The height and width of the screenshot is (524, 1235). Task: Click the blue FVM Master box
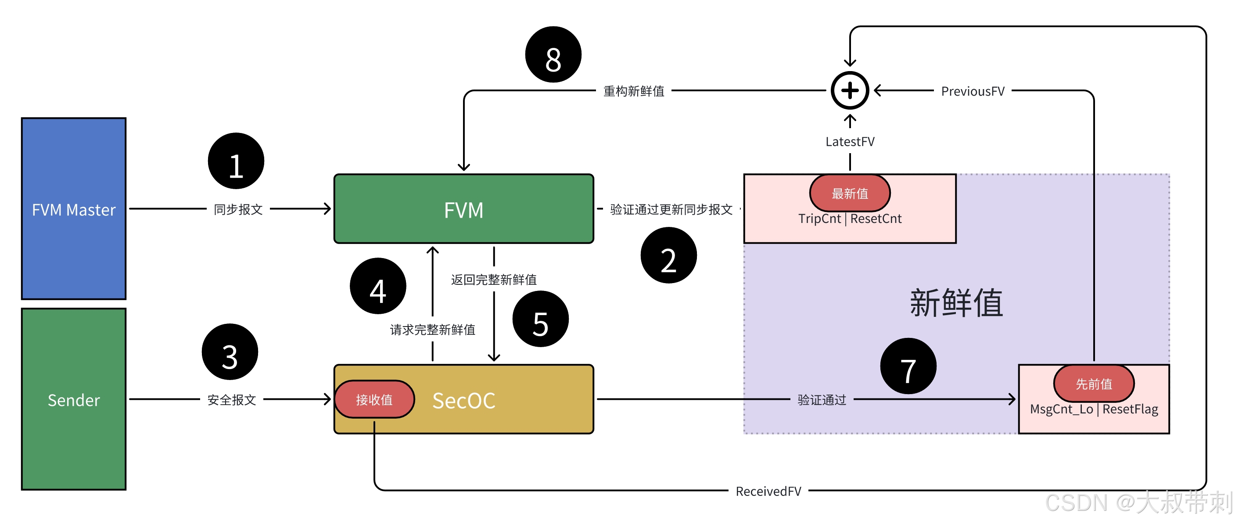tap(73, 208)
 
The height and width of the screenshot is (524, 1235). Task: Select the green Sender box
tap(73, 399)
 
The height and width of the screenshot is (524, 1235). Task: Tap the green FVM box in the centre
tap(463, 209)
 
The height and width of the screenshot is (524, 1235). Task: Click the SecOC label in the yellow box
tap(463, 400)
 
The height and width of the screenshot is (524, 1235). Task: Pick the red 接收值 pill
tap(374, 399)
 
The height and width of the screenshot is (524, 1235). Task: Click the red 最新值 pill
tap(850, 193)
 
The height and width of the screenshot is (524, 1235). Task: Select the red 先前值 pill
tap(1093, 384)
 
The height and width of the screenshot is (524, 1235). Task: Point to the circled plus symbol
tap(850, 90)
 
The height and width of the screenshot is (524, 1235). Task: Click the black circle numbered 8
tap(553, 55)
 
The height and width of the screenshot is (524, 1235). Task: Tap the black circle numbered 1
tap(235, 161)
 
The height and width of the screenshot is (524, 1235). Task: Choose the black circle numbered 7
tap(908, 366)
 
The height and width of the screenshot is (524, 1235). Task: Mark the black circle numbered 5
tap(540, 319)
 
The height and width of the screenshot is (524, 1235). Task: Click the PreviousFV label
tap(972, 91)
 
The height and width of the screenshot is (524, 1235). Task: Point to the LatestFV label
tap(850, 141)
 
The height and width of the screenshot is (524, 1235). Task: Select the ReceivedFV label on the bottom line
tap(768, 491)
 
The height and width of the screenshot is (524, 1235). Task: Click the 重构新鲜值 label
tap(633, 91)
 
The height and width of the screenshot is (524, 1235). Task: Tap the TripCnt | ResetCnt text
tap(850, 219)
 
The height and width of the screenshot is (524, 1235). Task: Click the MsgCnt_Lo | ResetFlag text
tap(1094, 409)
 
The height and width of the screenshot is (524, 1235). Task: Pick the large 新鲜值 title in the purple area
tap(956, 303)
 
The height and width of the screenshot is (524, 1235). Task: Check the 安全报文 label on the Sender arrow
tap(232, 399)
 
